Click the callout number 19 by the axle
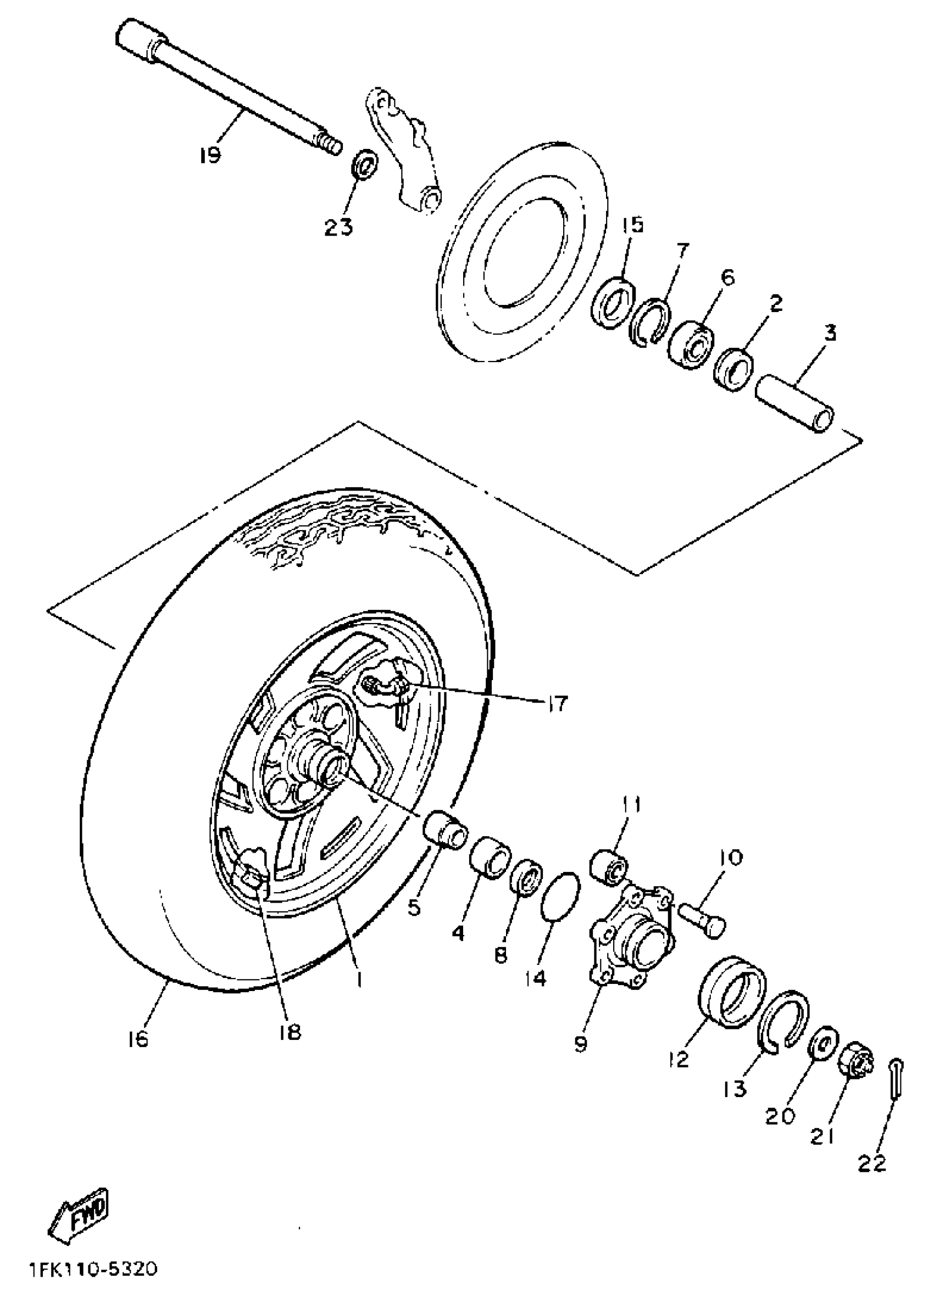pos(210,155)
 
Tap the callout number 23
pos(338,227)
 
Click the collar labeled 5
pos(444,828)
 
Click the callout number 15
pos(632,225)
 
